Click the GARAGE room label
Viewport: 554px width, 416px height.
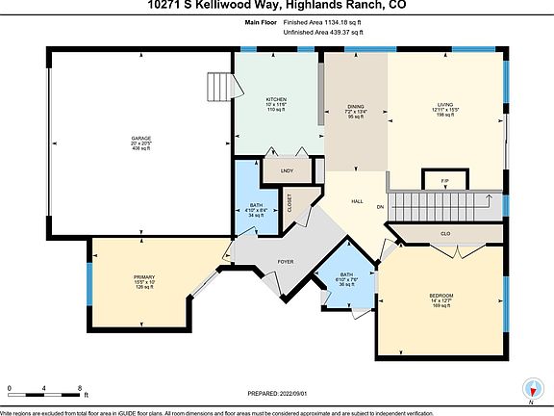[141, 139]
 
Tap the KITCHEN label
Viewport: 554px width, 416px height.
[277, 100]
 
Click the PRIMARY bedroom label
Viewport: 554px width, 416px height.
[144, 277]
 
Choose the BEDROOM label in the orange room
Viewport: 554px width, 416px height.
[441, 295]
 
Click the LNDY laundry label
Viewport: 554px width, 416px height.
[287, 171]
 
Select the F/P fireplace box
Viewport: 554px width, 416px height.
[445, 181]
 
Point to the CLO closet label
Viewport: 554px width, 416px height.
[445, 233]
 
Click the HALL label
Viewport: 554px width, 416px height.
[356, 201]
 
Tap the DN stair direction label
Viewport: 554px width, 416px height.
[380, 208]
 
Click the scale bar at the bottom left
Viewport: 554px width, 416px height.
[44, 390]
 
